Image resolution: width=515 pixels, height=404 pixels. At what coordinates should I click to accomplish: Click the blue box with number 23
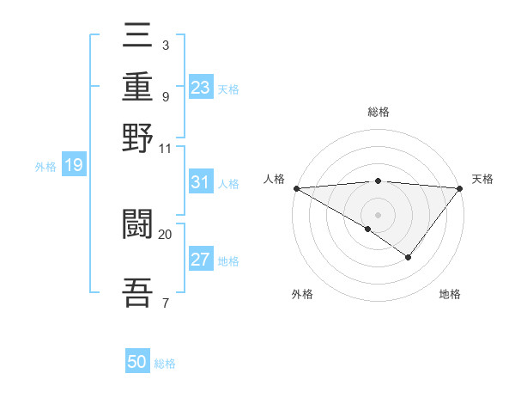200,88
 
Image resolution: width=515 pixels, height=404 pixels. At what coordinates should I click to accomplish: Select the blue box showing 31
200,182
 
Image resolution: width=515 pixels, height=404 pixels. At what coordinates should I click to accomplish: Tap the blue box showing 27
200,260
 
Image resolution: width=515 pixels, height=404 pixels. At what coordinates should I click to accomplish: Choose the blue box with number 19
74,166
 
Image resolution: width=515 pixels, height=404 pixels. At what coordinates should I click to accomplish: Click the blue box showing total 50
137,362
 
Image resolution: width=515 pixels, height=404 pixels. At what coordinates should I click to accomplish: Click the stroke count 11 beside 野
166,147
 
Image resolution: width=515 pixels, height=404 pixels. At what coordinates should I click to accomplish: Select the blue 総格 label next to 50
165,364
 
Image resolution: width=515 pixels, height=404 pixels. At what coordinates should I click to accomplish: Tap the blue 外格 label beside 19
45,167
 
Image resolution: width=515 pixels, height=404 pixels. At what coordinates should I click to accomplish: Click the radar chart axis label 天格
482,179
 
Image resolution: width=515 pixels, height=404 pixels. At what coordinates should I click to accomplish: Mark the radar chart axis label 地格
450,294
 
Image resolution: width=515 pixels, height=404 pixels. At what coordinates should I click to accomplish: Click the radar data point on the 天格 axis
460,188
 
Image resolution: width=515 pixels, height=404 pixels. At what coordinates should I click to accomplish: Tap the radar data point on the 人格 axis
296,188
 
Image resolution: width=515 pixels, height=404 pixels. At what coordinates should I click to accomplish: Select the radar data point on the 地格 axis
409,257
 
